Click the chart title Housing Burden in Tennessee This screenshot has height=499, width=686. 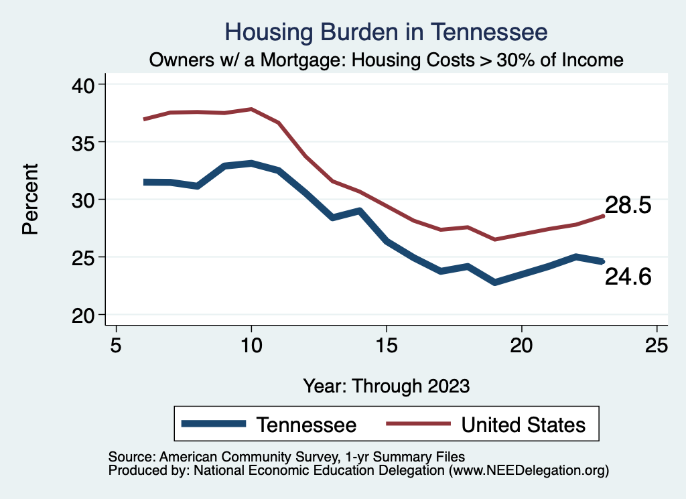point(387,31)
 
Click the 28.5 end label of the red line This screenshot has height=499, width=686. point(628,206)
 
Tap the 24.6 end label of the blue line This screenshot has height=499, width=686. point(628,277)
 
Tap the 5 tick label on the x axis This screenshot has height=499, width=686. point(117,346)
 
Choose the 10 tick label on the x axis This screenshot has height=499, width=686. point(251,346)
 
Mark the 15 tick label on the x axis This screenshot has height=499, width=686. point(387,346)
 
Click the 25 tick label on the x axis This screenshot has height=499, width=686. point(656,346)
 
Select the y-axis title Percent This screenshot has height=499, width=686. point(29,200)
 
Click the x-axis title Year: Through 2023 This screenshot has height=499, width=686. point(387,386)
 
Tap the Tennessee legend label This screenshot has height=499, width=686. point(306,425)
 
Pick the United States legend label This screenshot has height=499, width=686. point(523,425)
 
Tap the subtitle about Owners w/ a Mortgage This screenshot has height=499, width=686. point(387,60)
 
